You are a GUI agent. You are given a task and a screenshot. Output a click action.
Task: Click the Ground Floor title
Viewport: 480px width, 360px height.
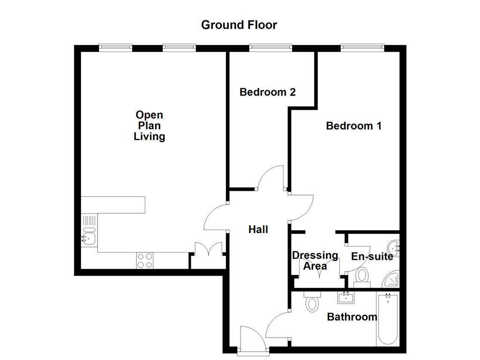[239, 25]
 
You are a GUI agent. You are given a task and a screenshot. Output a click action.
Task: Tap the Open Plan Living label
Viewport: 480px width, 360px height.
[149, 126]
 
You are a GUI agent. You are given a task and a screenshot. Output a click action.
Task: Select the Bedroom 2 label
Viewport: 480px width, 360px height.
[267, 92]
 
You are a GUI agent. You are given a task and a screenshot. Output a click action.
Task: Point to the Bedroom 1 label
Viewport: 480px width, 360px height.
[353, 126]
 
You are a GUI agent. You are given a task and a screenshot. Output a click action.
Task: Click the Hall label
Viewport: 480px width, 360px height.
[258, 229]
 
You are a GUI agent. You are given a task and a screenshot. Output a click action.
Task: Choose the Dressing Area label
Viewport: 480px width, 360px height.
[315, 261]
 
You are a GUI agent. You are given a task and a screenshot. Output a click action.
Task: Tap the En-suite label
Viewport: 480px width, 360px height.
[372, 256]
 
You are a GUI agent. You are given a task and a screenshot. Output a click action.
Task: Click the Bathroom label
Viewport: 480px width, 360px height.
[352, 317]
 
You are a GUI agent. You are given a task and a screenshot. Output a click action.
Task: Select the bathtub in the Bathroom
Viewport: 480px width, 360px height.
[388, 319]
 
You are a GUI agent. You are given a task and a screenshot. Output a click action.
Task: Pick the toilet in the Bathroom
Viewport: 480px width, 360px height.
[311, 302]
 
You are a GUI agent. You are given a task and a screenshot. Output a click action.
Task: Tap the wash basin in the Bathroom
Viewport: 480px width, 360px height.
[346, 297]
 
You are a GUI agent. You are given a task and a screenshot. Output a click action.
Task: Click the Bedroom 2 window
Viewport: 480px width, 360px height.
[270, 47]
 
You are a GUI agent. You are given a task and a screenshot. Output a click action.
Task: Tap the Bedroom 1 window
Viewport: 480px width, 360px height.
[362, 47]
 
